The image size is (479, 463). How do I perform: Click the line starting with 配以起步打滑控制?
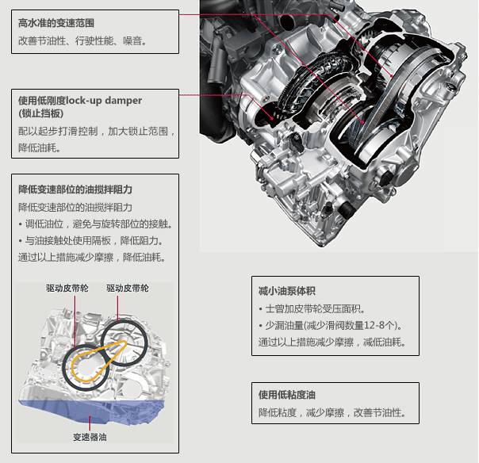(x=96, y=131)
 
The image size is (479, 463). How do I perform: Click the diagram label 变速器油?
(x=94, y=437)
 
